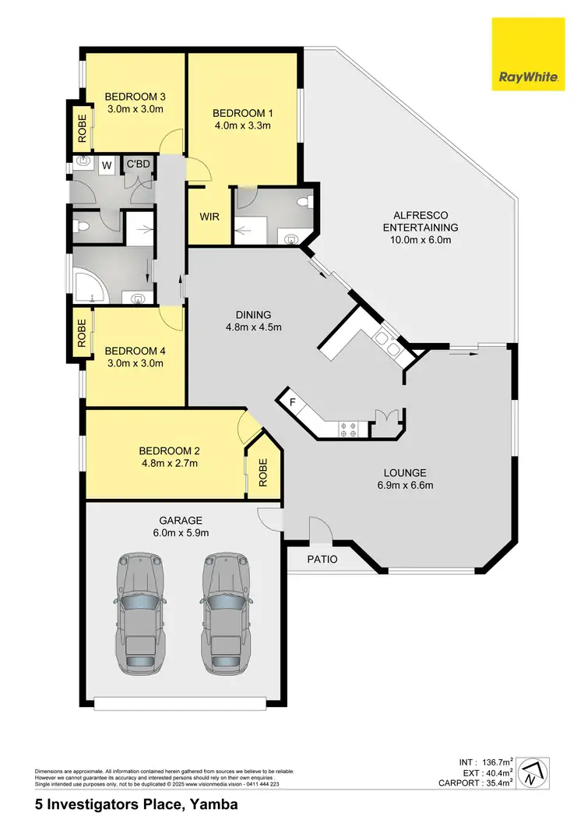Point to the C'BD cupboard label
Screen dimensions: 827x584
pyautogui.click(x=138, y=164)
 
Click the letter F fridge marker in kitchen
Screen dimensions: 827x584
pyautogui.click(x=292, y=402)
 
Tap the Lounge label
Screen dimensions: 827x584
pyautogui.click(x=404, y=472)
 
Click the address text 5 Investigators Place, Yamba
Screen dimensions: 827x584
pyautogui.click(x=136, y=804)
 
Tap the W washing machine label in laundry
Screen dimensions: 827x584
pyautogui.click(x=107, y=165)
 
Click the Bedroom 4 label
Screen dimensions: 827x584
pyautogui.click(x=135, y=350)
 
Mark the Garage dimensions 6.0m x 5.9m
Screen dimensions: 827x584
pyautogui.click(x=181, y=533)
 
